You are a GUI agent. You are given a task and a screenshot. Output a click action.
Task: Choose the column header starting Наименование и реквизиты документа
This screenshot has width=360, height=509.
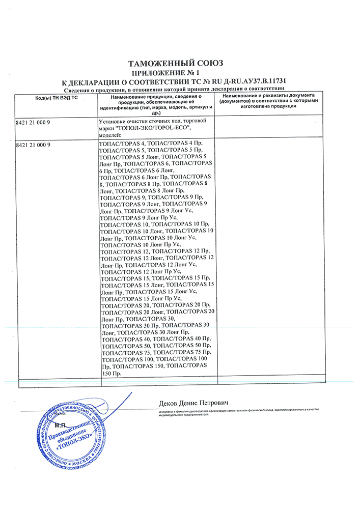click(269, 100)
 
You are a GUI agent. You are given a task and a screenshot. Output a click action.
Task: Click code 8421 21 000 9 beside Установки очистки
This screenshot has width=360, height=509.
click(35, 123)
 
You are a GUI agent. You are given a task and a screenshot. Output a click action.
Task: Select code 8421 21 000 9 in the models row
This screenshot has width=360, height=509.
click(35, 145)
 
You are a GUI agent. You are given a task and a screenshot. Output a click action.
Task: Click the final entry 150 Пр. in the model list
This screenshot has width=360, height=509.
click(112, 374)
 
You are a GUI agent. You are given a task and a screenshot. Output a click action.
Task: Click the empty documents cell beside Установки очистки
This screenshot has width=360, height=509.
click(269, 128)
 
